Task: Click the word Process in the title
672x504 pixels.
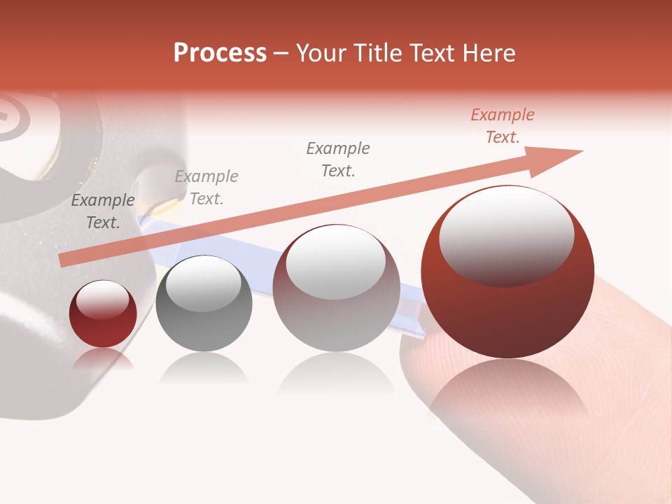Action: pos(220,53)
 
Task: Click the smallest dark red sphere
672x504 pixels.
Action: pos(103,314)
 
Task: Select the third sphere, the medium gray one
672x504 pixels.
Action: pos(336,288)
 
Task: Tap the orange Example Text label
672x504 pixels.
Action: pos(502,126)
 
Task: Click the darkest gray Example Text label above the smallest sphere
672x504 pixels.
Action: pos(103,211)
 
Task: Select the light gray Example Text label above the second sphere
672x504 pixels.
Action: pos(206,188)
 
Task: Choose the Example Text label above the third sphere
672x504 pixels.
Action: pos(338,159)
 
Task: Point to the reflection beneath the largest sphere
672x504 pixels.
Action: pos(507,392)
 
